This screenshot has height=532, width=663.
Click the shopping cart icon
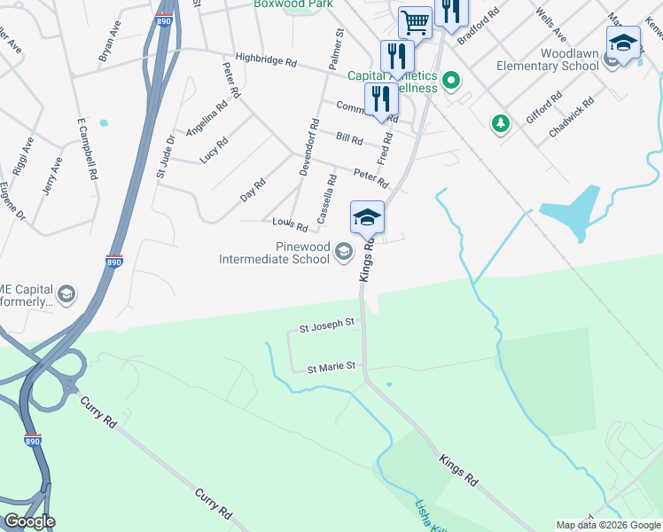[x=415, y=20]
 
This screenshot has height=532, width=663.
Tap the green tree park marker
[x=501, y=122]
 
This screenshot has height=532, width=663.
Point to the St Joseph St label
[x=327, y=326]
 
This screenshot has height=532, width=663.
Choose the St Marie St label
[x=331, y=366]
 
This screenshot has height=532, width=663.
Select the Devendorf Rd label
[x=308, y=147]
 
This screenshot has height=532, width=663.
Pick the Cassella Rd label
[x=326, y=198]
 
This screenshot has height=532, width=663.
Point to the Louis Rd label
[x=290, y=224]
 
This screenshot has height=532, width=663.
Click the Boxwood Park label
[x=286, y=4]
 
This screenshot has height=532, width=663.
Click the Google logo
[x=29, y=521]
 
